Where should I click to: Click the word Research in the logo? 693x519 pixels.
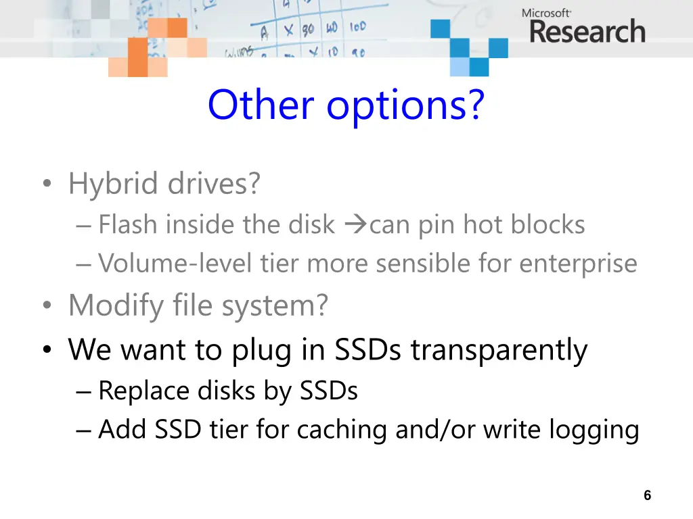587,32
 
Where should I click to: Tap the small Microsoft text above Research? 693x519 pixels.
546,12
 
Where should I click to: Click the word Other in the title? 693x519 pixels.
261,105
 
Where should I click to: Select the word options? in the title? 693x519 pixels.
406,106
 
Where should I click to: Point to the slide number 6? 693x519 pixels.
647,495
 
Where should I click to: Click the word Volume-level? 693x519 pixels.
175,264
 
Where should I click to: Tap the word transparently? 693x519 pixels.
499,350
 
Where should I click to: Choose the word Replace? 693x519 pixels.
143,391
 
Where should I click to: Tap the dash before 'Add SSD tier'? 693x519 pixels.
84,430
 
